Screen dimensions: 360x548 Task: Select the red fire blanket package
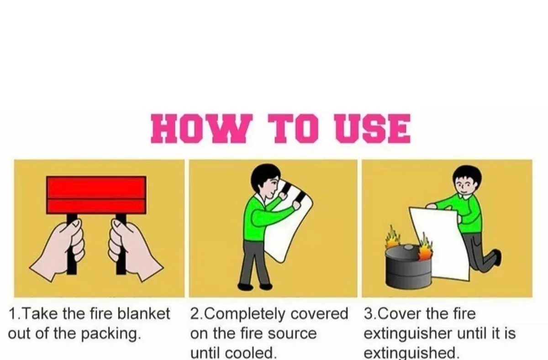pos(96,194)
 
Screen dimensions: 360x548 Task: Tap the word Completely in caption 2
pos(247,314)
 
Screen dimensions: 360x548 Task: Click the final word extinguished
pos(411,353)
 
